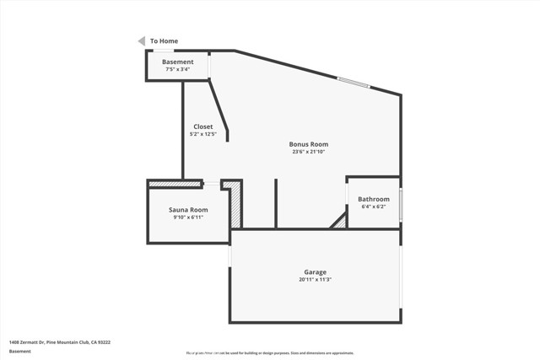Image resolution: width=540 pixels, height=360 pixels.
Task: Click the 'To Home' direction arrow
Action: click(142, 40)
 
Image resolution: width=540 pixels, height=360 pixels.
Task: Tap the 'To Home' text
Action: click(164, 40)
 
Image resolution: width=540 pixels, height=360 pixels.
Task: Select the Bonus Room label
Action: click(309, 144)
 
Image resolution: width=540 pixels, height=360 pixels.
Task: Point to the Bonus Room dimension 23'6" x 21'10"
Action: click(309, 152)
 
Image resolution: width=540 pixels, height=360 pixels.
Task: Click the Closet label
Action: click(203, 126)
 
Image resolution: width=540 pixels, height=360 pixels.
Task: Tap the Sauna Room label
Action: click(188, 209)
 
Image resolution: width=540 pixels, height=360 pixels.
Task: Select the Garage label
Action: click(315, 271)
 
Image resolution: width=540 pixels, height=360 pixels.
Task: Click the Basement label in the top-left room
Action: click(178, 62)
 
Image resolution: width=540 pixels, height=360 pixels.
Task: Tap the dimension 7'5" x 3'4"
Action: click(177, 69)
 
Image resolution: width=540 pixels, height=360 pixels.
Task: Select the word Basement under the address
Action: click(20, 351)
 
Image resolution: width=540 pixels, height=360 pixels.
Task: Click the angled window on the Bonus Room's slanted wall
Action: click(354, 82)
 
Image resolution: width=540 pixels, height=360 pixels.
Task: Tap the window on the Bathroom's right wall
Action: click(401, 203)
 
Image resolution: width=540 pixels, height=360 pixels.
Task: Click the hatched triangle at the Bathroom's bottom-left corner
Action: click(339, 221)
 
